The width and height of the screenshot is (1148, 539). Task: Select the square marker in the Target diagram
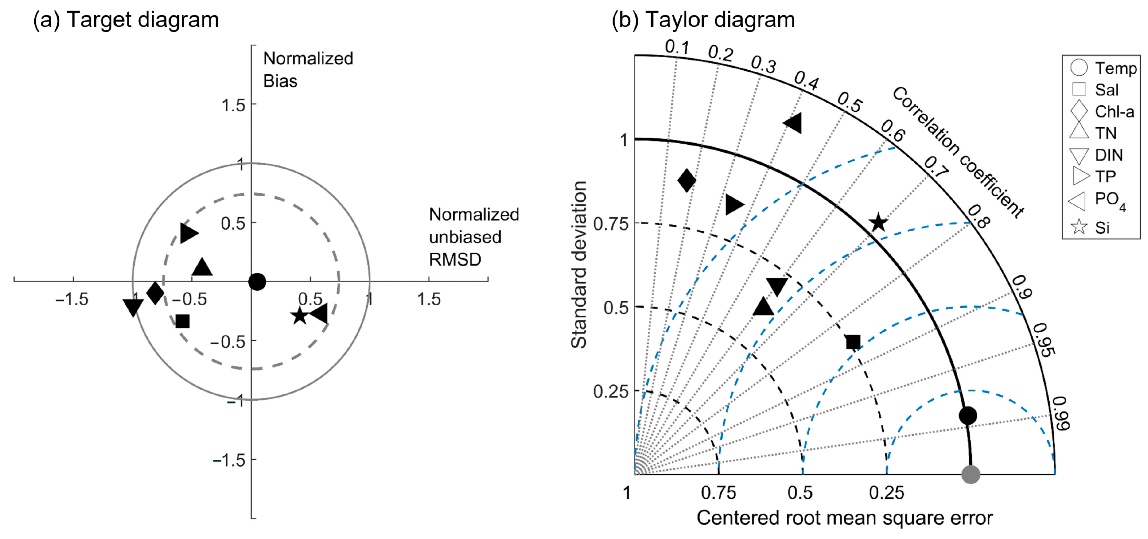182,321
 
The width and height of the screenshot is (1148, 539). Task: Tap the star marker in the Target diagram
299,316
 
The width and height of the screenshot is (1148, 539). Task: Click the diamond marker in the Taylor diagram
686,180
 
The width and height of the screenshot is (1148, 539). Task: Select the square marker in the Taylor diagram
853,342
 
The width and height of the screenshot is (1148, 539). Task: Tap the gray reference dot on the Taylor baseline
971,474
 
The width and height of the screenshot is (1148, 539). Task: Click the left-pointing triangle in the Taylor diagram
793,123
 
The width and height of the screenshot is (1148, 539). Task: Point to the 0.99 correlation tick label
1062,413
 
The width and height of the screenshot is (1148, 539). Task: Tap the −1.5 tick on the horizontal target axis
72,299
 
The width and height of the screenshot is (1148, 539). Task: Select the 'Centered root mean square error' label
844,518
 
